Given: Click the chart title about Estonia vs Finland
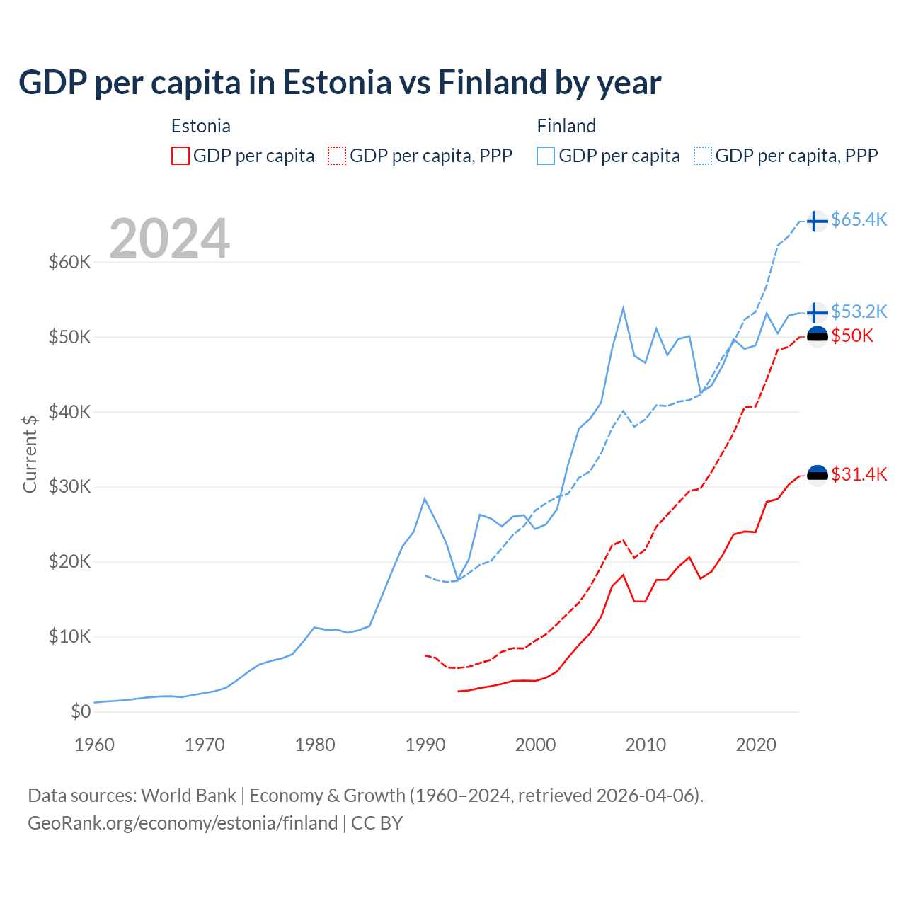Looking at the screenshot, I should click(340, 83).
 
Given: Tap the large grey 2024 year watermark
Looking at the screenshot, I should click(170, 239).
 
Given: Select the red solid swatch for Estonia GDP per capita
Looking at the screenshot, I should click(180, 156).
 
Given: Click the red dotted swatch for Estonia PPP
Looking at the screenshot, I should click(337, 156).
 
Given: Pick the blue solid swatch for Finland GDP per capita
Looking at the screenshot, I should click(546, 156).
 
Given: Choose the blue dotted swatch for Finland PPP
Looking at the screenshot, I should click(703, 156).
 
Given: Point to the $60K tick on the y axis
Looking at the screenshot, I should click(70, 262).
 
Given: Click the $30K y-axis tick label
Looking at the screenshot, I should click(70, 487).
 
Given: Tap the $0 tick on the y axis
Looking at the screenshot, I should click(81, 711).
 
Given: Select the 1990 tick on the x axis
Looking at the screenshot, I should click(425, 745).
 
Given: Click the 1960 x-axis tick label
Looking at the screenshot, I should click(95, 745).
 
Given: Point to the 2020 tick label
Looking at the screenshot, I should click(756, 745).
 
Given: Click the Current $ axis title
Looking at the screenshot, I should click(30, 453).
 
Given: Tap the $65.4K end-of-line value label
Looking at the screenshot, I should click(859, 220).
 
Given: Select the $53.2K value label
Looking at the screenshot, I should click(859, 311).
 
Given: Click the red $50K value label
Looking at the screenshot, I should click(852, 336).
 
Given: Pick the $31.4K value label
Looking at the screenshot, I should click(859, 474).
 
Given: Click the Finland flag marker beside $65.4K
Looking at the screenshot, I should click(817, 221).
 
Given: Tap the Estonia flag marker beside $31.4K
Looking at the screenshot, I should click(817, 475).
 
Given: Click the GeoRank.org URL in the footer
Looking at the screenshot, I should click(183, 823).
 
